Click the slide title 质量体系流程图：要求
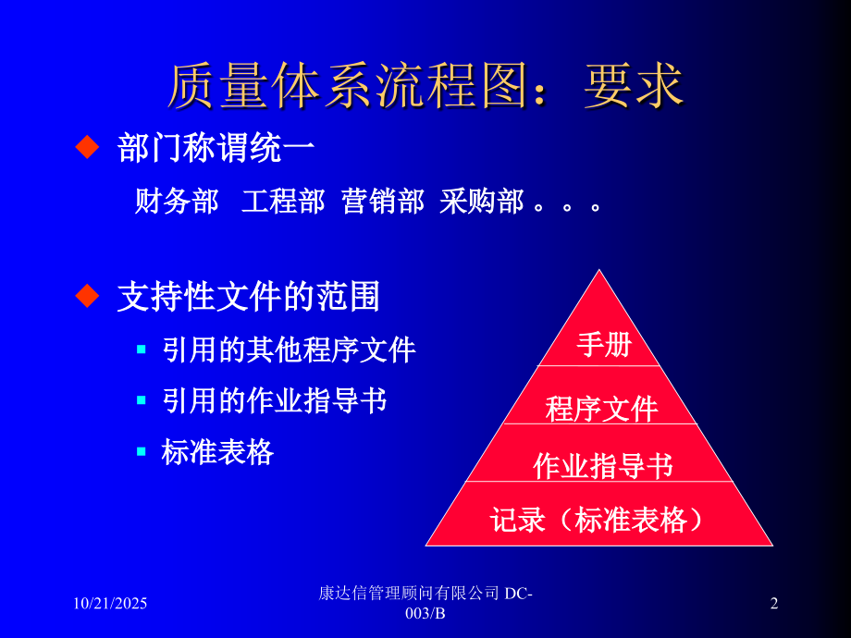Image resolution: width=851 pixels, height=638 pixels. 425,87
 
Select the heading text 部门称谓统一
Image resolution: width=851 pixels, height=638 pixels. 216,148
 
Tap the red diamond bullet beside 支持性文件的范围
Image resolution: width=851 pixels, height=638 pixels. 86,296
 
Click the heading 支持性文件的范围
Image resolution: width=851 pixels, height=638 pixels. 249,297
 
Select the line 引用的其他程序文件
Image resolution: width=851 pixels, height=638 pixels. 289,350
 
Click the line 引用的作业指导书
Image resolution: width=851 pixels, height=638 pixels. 274,401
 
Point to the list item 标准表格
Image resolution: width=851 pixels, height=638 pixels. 217,452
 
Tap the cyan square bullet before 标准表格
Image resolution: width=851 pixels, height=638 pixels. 142,451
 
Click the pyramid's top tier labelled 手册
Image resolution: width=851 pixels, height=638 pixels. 604,345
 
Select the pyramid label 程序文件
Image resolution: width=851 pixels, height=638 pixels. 601,408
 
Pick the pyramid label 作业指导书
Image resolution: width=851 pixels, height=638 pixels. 602,466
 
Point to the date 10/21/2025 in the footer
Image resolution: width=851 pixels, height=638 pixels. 110,604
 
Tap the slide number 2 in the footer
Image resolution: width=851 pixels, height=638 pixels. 774,604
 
